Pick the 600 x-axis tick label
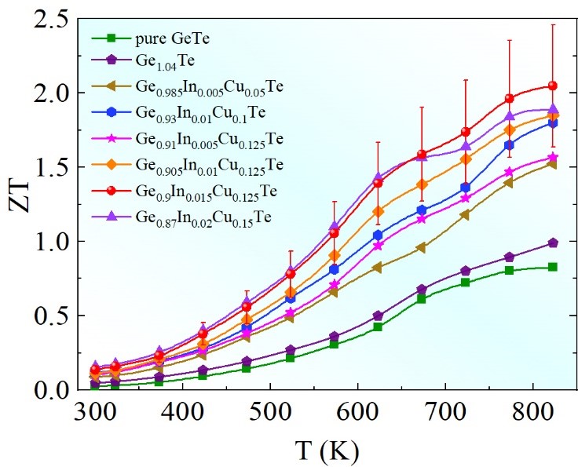(357, 411)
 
